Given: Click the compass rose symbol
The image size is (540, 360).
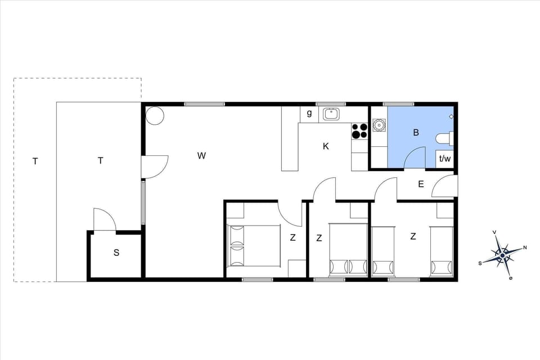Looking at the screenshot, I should coord(502,255).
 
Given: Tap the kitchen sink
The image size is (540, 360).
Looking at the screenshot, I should coord(331,114).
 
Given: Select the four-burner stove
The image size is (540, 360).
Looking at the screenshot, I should coord(359,131).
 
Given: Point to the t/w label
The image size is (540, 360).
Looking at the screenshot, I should coord(445,159).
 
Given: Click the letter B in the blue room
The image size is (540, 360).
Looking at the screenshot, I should coord(416,133).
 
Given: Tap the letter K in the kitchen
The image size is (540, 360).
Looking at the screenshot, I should coord(326,146).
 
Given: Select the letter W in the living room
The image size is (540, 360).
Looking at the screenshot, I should coord(201,156).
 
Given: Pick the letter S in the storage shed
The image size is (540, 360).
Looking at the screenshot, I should coord(116,253).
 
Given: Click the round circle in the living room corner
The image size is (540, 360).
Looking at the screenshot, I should coord(155,116).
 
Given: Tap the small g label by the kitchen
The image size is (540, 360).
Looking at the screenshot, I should coord(309,113).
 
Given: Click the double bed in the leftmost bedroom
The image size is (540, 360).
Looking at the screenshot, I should coord(253,246).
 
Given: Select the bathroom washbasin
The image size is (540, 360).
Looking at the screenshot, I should coord(379,124).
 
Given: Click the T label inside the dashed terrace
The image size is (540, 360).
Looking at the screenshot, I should coord(35,161).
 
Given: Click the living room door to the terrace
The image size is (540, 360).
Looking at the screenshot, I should coord(154,166).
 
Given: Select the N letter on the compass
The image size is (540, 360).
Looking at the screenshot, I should coord(525,247).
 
